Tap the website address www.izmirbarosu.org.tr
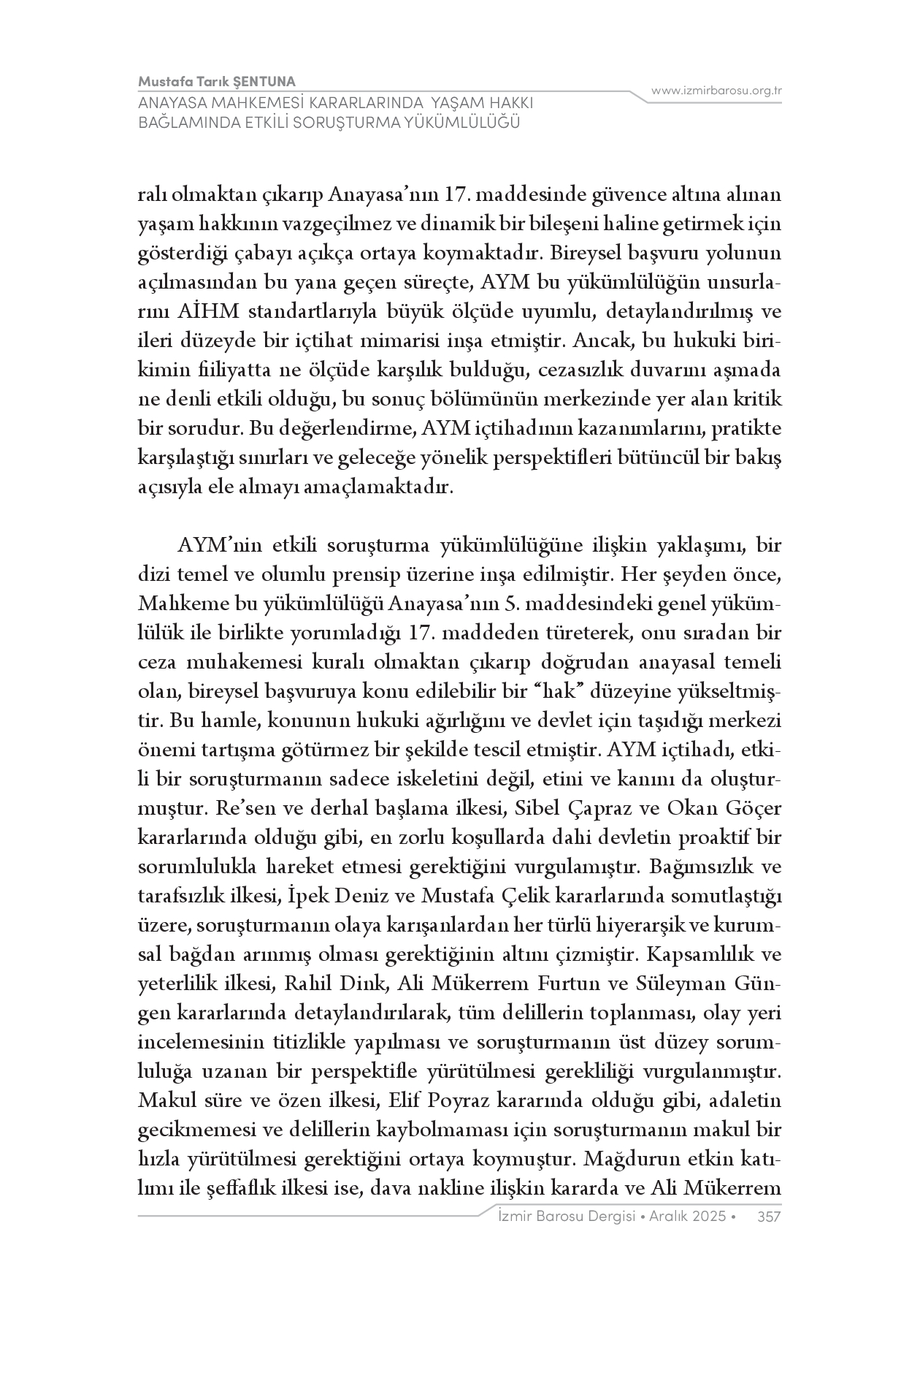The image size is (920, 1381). (x=716, y=91)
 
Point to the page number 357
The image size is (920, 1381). (x=770, y=1216)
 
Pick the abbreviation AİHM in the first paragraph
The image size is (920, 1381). (x=207, y=312)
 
